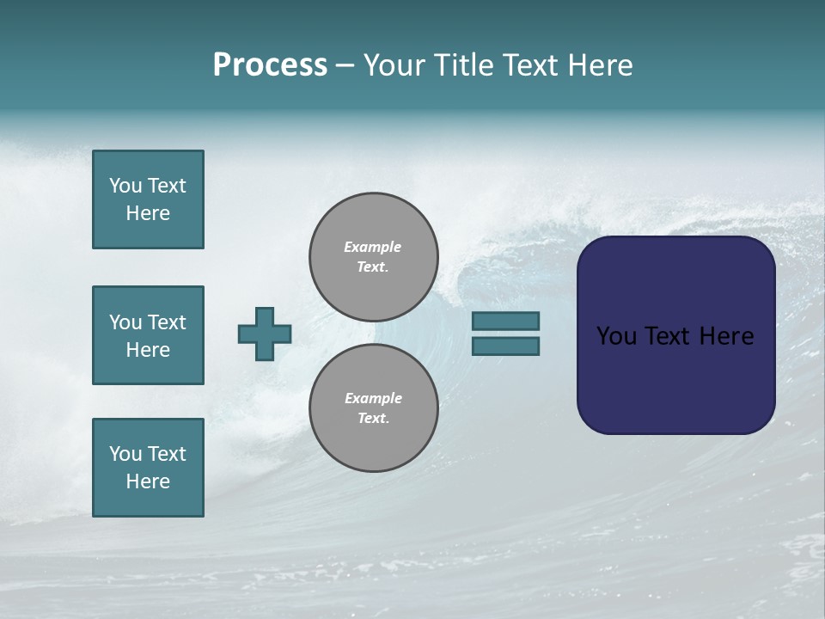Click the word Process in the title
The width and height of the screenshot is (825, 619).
coord(270,65)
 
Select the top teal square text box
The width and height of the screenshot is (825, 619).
coord(148,199)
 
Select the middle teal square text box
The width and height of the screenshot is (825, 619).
coord(148,335)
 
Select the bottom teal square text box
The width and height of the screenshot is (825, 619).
coord(148,468)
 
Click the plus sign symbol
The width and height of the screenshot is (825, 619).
coord(265,334)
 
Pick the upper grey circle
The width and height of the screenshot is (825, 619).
coord(374,257)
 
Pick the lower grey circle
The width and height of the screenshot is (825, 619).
coord(374,408)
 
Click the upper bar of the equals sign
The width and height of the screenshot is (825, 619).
coord(505,322)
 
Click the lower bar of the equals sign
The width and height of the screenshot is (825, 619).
coord(505,346)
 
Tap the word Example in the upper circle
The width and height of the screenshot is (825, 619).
coord(373,247)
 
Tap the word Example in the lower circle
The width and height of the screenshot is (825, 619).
coord(373,398)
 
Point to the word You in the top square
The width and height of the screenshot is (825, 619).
coord(125,186)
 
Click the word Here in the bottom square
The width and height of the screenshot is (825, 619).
coord(148,481)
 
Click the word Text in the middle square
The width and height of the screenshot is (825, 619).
coord(166,322)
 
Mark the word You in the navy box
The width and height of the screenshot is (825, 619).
coord(616,336)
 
